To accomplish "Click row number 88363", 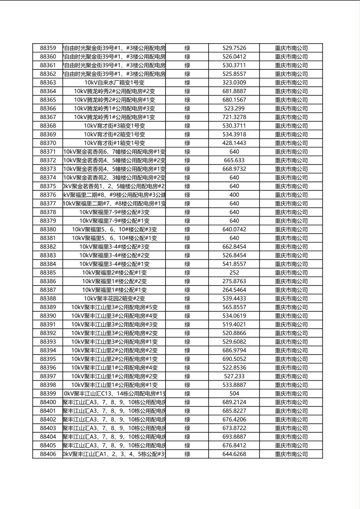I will coord(48,83).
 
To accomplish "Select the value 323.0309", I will coord(234,83).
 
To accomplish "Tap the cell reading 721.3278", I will coord(234,117).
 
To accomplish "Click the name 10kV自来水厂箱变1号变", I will coord(114,83).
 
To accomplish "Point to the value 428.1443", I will coord(234,143).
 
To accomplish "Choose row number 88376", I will coord(48,195).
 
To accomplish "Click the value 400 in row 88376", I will coord(234,195).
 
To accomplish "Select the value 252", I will coord(234,273).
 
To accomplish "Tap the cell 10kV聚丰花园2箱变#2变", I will coord(114,298).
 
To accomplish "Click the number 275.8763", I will coord(234,281).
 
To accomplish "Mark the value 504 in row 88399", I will coord(234,394).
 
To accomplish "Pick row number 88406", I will coord(48,454).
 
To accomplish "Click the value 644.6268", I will coord(234,454).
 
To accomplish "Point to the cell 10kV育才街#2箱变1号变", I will coord(114,134).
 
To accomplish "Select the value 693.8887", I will coord(234,437).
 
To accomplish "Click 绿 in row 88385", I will coord(187,273).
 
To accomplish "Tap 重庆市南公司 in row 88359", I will coord(291,48).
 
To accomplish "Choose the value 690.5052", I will coord(234,359).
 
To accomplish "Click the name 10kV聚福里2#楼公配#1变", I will coord(114,273).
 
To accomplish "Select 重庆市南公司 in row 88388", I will coord(291,298).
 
